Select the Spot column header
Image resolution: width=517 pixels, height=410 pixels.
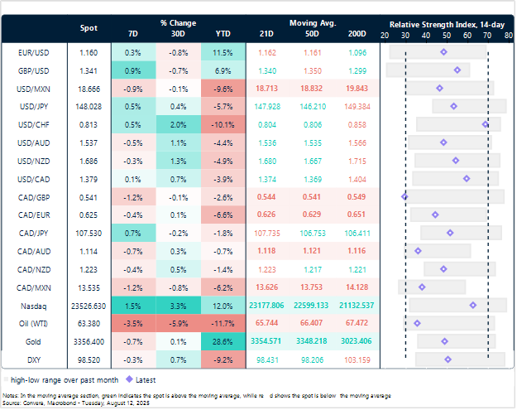click(x=89, y=27)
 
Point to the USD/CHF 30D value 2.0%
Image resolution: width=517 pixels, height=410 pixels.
click(x=178, y=124)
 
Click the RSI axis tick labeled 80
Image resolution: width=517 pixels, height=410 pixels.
click(x=507, y=36)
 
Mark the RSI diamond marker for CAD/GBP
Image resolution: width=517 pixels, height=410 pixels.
click(x=405, y=196)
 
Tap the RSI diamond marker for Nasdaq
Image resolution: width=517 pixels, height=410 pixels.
click(x=472, y=305)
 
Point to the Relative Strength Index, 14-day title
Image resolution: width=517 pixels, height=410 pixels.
click(x=447, y=24)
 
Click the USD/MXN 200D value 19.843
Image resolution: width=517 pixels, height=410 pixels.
click(x=357, y=88)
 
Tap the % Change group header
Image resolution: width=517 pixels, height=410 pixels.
click(x=178, y=23)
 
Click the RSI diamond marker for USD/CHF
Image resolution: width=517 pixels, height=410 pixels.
click(x=486, y=124)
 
